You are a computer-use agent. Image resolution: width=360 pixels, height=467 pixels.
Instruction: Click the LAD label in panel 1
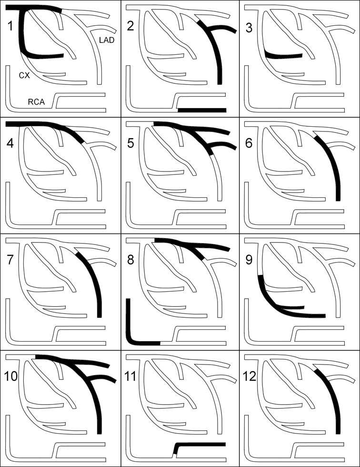click(x=107, y=40)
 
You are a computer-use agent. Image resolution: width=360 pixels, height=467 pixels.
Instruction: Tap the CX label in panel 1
click(x=24, y=76)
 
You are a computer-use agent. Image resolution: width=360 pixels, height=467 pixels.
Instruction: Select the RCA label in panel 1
click(x=36, y=102)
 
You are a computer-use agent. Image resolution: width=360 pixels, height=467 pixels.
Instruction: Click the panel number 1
click(x=10, y=26)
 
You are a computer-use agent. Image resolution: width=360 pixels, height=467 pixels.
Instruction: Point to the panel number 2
click(x=130, y=26)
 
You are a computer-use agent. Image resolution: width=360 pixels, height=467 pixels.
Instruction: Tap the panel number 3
click(x=249, y=28)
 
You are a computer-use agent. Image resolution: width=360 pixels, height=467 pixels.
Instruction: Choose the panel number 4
click(x=10, y=143)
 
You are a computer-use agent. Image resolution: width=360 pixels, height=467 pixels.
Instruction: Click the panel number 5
click(x=130, y=143)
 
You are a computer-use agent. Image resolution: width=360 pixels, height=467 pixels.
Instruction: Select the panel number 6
click(x=249, y=143)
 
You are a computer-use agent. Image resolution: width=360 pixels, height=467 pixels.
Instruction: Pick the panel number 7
click(x=10, y=260)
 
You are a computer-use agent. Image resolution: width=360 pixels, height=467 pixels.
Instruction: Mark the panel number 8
click(x=130, y=260)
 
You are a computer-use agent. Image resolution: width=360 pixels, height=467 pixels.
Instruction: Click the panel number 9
click(x=249, y=260)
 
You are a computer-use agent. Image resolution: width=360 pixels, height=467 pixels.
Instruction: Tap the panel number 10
click(x=10, y=376)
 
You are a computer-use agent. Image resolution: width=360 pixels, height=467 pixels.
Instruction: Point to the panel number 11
click(x=130, y=376)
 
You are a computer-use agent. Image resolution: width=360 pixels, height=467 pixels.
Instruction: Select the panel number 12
click(x=250, y=376)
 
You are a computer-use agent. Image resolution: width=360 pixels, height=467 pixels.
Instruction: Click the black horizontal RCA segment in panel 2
click(x=202, y=110)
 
